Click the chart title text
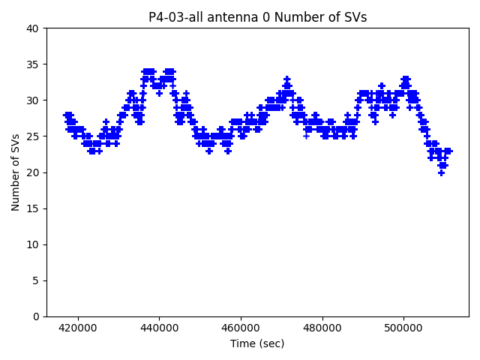(257, 17)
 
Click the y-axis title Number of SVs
(16, 172)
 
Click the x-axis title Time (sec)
(257, 343)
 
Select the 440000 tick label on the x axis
(160, 328)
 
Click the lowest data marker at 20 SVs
(442, 172)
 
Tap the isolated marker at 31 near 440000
(159, 93)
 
